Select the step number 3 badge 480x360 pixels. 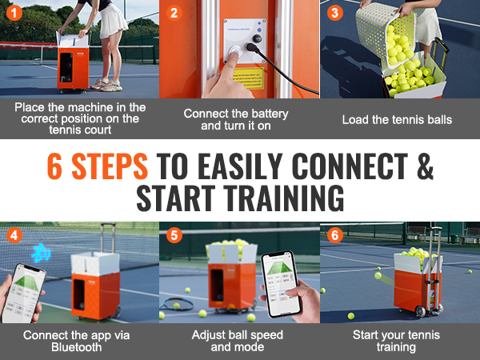point(334,13)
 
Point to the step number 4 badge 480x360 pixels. point(13,235)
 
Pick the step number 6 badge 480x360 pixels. point(334,235)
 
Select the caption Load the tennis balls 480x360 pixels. point(398,119)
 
